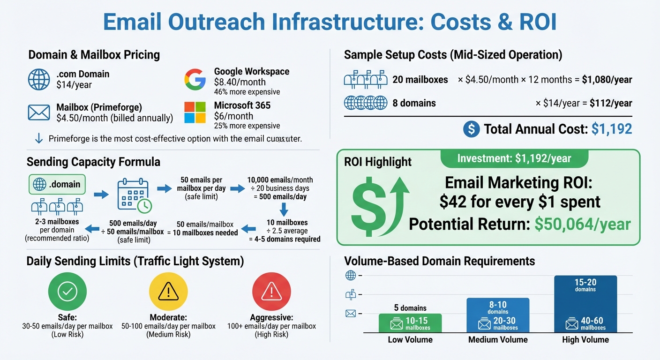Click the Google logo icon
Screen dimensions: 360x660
coord(195,79)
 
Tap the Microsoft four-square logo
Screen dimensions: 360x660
coord(195,112)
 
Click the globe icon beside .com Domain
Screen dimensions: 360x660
coord(39,79)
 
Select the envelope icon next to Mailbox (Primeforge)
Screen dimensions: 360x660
coord(39,112)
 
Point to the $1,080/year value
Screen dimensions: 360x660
coord(607,80)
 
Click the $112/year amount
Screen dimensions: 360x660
coord(611,103)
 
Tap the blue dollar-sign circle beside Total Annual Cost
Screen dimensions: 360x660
coord(471,129)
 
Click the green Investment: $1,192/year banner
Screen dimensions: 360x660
coord(514,159)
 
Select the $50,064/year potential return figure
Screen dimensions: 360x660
coord(583,224)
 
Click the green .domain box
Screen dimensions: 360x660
coord(57,184)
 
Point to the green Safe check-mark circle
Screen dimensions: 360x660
coord(67,292)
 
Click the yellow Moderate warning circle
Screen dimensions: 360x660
coord(168,292)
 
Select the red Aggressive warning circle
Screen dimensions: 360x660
coord(271,292)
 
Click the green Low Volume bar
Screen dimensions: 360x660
coord(410,323)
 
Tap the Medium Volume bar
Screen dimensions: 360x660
coord(498,315)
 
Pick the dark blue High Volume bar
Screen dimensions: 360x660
coord(585,304)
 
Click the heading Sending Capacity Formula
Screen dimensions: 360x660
coord(93,162)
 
